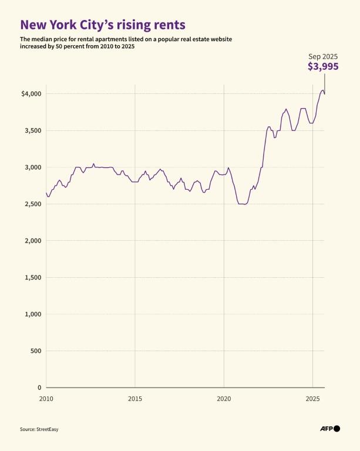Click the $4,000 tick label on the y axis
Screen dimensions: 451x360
[x=30, y=94]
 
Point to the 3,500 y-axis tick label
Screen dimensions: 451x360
[x=32, y=130]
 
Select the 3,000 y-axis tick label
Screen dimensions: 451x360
[x=32, y=167]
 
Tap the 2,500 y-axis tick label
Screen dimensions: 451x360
[x=32, y=204]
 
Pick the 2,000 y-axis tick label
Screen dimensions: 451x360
[x=32, y=241]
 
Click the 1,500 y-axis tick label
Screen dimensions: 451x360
[x=32, y=277]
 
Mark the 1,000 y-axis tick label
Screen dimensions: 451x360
[x=32, y=314]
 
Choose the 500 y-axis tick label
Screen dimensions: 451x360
[x=35, y=351]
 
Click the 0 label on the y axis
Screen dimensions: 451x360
[x=39, y=388]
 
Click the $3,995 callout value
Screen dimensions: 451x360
[x=323, y=67]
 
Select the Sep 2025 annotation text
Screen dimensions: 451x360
[x=324, y=56]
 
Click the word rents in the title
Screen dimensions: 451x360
[x=167, y=25]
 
